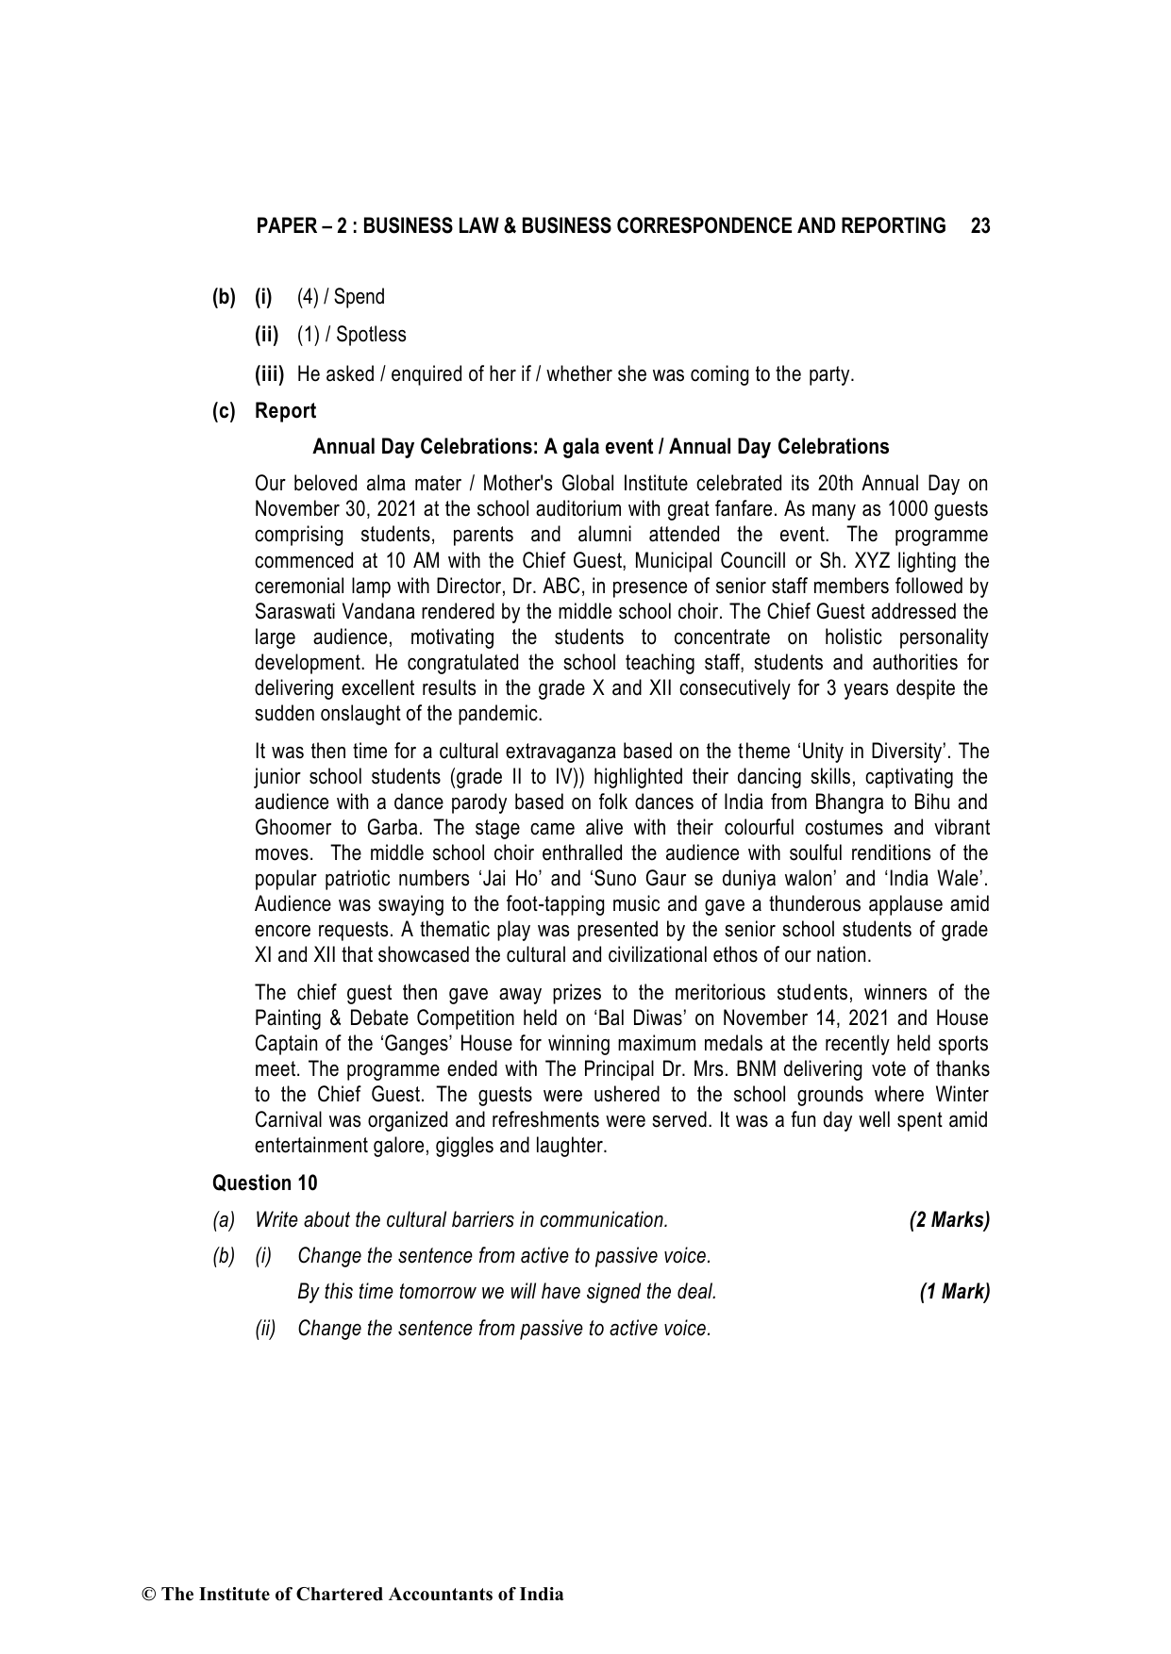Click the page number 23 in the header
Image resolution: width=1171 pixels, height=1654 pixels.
point(979,226)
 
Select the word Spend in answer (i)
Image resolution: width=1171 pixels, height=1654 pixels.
point(360,297)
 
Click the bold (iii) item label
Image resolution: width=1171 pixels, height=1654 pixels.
point(270,374)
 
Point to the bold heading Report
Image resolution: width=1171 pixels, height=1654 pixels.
point(285,411)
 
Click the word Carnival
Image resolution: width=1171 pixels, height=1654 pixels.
point(289,1120)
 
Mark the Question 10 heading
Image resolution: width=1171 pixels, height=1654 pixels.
point(265,1183)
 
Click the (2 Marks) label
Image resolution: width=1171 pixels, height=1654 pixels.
point(948,1220)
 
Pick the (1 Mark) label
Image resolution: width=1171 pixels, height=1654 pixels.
point(954,1292)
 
